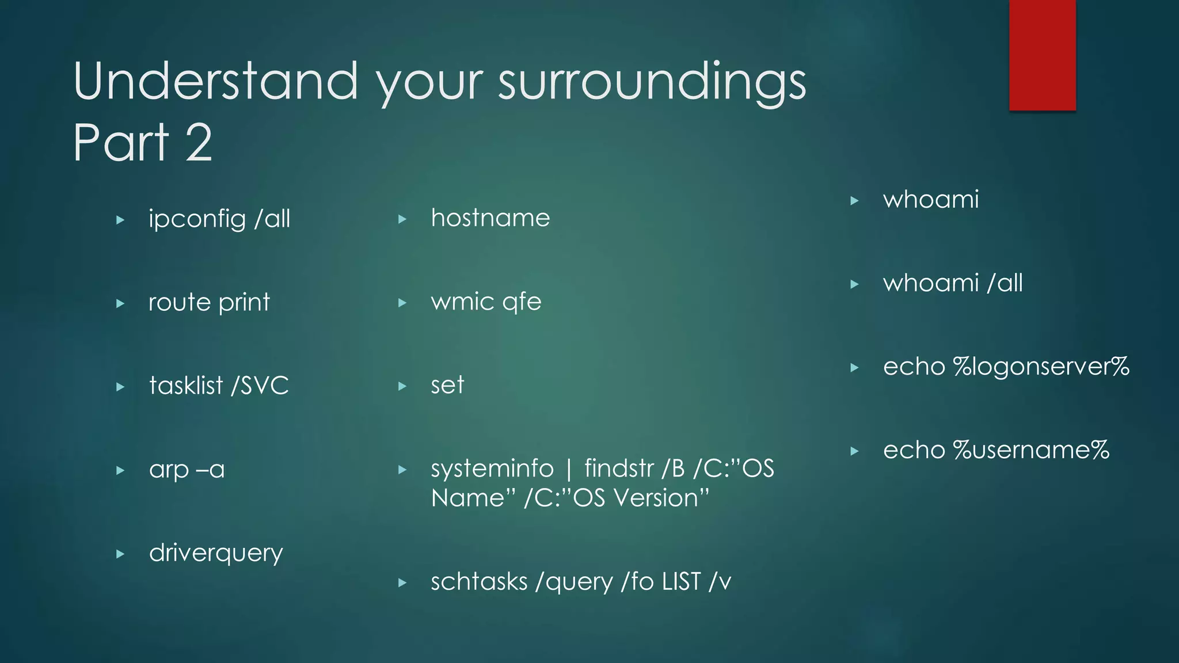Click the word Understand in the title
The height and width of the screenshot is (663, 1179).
[x=216, y=82]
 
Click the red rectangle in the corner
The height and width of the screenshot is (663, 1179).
[x=1042, y=55]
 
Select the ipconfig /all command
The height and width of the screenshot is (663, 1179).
[x=219, y=219]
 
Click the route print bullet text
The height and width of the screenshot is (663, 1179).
[x=209, y=303]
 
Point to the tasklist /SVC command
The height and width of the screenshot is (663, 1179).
[x=219, y=386]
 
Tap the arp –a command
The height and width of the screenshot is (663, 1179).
[x=187, y=470]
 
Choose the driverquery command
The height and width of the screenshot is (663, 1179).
[x=216, y=553]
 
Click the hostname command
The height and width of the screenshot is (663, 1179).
[x=490, y=218]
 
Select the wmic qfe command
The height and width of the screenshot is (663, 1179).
[x=486, y=302]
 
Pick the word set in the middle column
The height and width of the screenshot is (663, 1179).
[x=447, y=385]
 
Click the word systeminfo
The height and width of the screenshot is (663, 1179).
[x=492, y=468]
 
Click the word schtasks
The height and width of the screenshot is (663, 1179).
[x=479, y=582]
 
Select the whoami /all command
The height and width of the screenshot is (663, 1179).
[x=953, y=283]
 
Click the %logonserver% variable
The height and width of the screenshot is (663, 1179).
[x=1041, y=367]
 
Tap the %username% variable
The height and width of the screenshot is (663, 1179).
[x=1030, y=450]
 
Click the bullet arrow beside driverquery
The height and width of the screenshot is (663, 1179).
[x=120, y=554]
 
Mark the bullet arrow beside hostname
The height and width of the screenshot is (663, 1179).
[x=402, y=219]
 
